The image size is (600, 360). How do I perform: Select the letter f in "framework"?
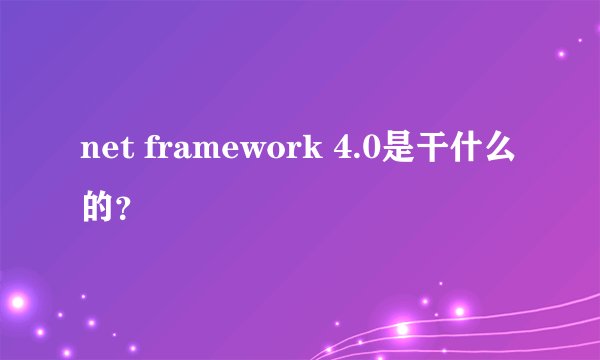[153, 150]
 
